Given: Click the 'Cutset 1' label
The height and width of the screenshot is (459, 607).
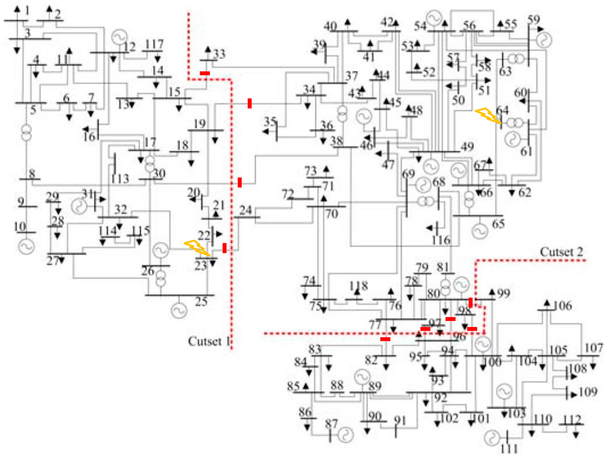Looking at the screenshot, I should point(209,341).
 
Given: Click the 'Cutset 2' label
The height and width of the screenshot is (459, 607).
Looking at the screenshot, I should point(561,252).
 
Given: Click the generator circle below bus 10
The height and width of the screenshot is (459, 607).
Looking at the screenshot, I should point(26,246).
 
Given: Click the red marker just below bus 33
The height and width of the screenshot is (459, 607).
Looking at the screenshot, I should point(205,73).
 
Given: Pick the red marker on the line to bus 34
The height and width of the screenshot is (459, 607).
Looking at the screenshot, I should point(249,103).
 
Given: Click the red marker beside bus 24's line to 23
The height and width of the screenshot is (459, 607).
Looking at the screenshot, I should point(224,248).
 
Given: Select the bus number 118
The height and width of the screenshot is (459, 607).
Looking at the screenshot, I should point(358,286).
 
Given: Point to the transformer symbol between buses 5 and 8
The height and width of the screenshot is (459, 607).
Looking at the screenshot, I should point(26,133).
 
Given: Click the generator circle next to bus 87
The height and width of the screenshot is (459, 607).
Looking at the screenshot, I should point(346,435).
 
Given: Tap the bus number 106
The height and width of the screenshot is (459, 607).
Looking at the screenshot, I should point(562,306).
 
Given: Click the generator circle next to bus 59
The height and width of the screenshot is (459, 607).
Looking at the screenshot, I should point(544,40).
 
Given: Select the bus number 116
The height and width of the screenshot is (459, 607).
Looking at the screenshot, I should point(441,240).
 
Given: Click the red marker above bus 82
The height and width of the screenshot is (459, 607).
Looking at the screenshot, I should point(385,339).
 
